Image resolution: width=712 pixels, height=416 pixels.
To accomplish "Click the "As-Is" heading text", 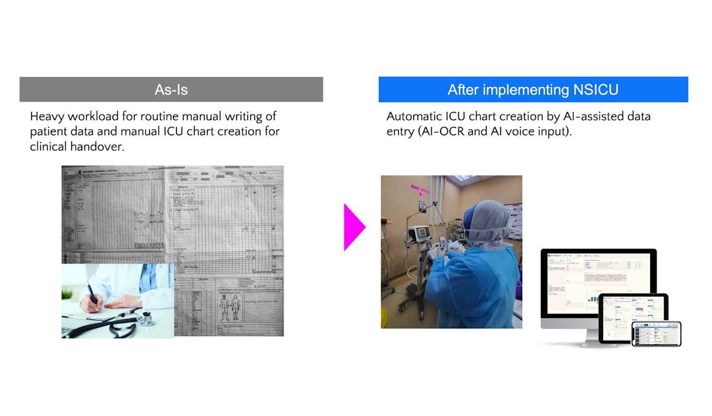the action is pyautogui.click(x=171, y=90).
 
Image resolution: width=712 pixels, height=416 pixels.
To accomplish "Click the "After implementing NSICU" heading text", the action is pyautogui.click(x=533, y=90).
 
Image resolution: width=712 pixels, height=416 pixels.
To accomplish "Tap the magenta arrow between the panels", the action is pyautogui.click(x=354, y=227).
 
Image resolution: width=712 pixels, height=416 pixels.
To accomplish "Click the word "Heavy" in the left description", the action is pyautogui.click(x=47, y=117).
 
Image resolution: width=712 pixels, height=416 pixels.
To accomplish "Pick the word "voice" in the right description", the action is pyautogui.click(x=517, y=132).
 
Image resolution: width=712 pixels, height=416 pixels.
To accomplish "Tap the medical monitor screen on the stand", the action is pyautogui.click(x=421, y=232).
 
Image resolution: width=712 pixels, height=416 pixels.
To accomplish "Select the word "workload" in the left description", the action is pyautogui.click(x=91, y=117).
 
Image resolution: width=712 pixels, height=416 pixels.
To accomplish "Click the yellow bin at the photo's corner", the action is pyautogui.click(x=384, y=320).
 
